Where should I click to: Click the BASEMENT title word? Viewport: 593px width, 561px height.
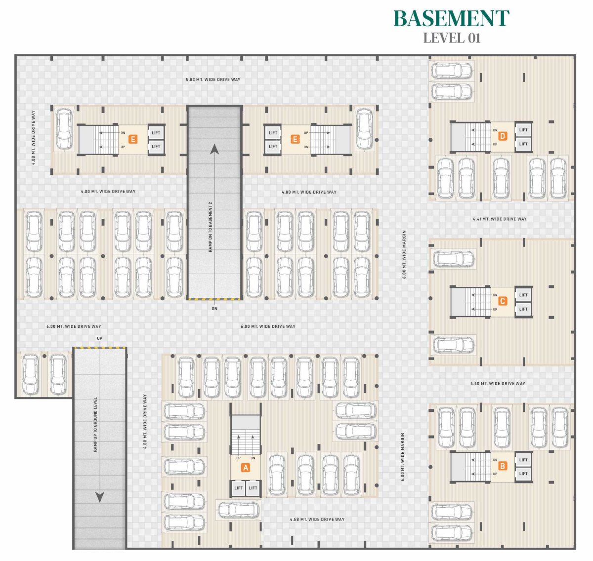(x=451, y=19)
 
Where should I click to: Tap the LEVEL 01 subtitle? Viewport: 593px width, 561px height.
(x=452, y=38)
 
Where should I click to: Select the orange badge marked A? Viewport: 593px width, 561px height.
(x=245, y=467)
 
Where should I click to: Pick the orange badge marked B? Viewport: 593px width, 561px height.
(x=503, y=466)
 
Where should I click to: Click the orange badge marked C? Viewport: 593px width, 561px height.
(x=503, y=301)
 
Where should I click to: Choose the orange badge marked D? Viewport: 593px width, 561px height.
(x=503, y=136)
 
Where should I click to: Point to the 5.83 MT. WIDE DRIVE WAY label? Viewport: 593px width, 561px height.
(x=213, y=80)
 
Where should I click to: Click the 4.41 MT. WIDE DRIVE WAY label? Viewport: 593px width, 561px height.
(x=500, y=219)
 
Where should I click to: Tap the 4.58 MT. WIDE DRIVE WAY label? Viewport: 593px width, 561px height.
(x=317, y=520)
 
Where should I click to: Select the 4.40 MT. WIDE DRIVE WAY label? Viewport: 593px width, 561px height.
(x=498, y=383)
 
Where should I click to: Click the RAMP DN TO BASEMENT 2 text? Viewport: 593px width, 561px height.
(x=211, y=227)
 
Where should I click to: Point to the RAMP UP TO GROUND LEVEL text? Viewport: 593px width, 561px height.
(x=95, y=425)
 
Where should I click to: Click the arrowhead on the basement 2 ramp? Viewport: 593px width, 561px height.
(x=214, y=149)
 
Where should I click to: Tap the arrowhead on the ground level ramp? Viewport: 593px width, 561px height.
(x=100, y=497)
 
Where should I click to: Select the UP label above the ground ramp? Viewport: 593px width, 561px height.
(x=100, y=339)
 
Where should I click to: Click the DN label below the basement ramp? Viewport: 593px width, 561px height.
(x=214, y=309)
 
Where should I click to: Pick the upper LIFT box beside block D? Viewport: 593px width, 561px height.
(x=523, y=130)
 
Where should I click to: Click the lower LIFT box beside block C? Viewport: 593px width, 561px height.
(x=523, y=309)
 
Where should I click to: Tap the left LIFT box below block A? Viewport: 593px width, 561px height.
(x=239, y=488)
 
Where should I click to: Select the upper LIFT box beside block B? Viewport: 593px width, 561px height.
(x=523, y=460)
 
